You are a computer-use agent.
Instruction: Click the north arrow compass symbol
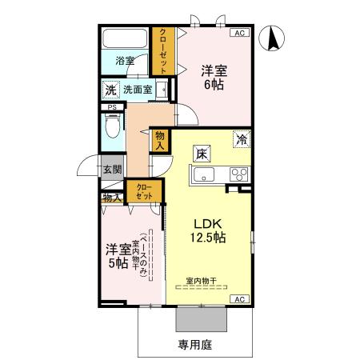pos(274,38)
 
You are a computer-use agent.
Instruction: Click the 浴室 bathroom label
pos(124,61)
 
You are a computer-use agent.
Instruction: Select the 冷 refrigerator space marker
pos(241,139)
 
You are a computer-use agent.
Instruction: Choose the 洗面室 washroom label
pos(138,89)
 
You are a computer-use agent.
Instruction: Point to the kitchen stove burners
pos(239,173)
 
